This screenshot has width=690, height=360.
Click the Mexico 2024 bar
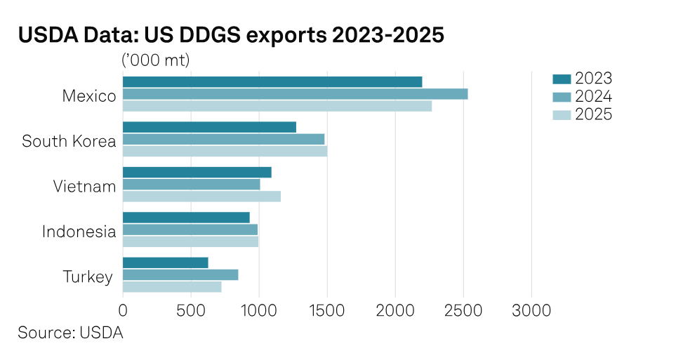(295, 94)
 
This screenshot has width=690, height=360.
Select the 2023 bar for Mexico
(272, 82)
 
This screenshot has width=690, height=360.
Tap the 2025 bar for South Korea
(225, 151)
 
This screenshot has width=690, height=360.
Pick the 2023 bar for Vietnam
(197, 173)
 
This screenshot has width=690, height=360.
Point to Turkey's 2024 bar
(180, 274)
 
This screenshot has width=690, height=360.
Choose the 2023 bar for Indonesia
(186, 218)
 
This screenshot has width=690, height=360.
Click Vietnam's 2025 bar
(201, 196)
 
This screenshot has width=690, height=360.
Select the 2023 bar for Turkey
(165, 262)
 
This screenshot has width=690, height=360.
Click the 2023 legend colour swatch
(562, 78)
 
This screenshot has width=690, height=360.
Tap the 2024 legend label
(593, 97)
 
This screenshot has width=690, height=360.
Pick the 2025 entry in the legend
(593, 115)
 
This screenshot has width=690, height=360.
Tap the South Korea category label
(68, 141)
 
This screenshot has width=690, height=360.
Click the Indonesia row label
(78, 232)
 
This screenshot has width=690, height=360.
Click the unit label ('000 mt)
(156, 60)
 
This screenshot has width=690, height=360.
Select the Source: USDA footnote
(70, 333)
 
